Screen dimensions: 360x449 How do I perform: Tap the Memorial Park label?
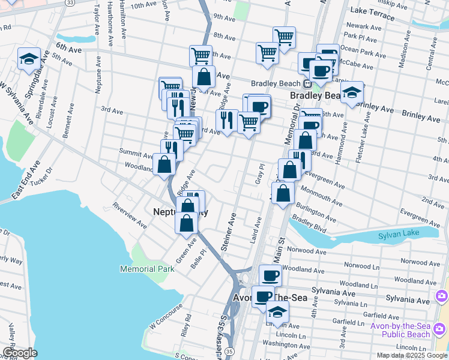[x=147, y=269]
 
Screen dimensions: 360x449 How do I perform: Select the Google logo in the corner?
[x=19, y=353]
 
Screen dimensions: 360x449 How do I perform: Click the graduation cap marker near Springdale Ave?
[x=29, y=59]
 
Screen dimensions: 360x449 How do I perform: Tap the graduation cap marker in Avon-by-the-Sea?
[x=277, y=312]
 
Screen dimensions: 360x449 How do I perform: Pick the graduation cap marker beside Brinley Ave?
[x=352, y=92]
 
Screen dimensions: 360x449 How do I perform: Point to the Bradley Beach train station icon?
[x=307, y=83]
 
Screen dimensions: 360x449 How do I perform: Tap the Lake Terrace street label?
[x=371, y=11]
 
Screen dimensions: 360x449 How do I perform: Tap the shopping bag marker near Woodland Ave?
[x=164, y=164]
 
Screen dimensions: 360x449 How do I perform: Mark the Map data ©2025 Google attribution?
[x=412, y=355]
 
